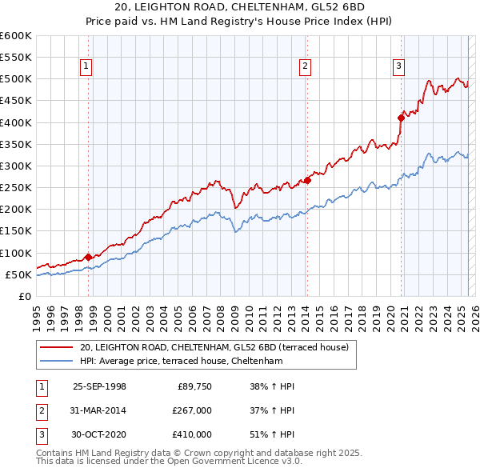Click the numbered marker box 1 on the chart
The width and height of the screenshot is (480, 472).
(86, 67)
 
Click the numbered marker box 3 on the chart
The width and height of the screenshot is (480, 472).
(398, 67)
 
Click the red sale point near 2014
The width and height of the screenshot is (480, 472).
(307, 180)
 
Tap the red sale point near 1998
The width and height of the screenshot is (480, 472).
(87, 257)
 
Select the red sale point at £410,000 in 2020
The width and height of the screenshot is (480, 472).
(401, 118)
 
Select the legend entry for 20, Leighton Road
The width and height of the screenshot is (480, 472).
(214, 348)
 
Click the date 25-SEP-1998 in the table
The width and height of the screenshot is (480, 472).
(99, 386)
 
